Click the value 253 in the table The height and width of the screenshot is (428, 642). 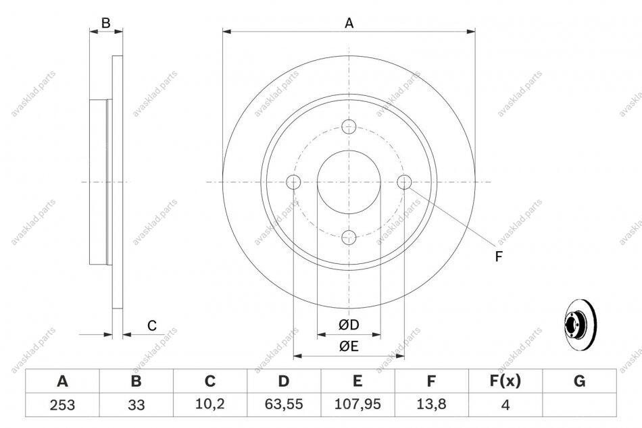click(63, 404)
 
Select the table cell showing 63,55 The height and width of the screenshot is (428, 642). click(284, 404)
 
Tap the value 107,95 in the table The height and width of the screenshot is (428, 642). click(357, 404)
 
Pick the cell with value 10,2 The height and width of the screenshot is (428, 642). click(210, 404)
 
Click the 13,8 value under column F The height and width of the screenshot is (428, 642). click(431, 404)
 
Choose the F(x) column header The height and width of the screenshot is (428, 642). click(505, 381)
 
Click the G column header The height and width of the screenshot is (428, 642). click(579, 381)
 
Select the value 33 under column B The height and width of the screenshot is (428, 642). click(137, 404)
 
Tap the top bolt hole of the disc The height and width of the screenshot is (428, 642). click(349, 126)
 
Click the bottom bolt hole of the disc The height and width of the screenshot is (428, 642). click(349, 237)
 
